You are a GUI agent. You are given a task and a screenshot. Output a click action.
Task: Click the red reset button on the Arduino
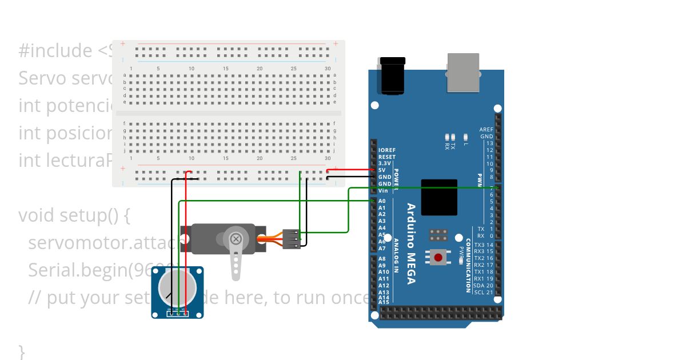[x=438, y=258]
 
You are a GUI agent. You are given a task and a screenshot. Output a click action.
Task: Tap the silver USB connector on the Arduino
[x=463, y=73]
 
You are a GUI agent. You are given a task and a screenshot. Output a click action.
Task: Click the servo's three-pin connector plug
[x=292, y=239]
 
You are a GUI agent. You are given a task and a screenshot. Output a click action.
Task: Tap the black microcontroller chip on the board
[x=439, y=197]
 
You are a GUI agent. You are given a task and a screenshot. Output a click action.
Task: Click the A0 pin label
[x=382, y=201]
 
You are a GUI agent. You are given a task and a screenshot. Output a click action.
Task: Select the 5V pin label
[x=381, y=170]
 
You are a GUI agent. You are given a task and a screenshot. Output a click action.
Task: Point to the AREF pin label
[x=486, y=130]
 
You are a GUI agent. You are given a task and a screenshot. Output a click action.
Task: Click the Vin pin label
[x=382, y=191]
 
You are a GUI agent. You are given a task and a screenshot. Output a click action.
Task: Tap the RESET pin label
[x=386, y=157]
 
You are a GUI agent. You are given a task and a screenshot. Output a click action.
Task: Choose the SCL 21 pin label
[x=483, y=292]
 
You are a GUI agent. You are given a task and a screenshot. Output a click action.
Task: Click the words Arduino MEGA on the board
[x=411, y=243]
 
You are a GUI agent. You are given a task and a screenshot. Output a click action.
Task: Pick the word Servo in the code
[x=43, y=78]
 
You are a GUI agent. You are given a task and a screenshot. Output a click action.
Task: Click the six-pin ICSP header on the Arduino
[x=438, y=235]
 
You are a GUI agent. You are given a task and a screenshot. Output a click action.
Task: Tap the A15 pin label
[x=383, y=302]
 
